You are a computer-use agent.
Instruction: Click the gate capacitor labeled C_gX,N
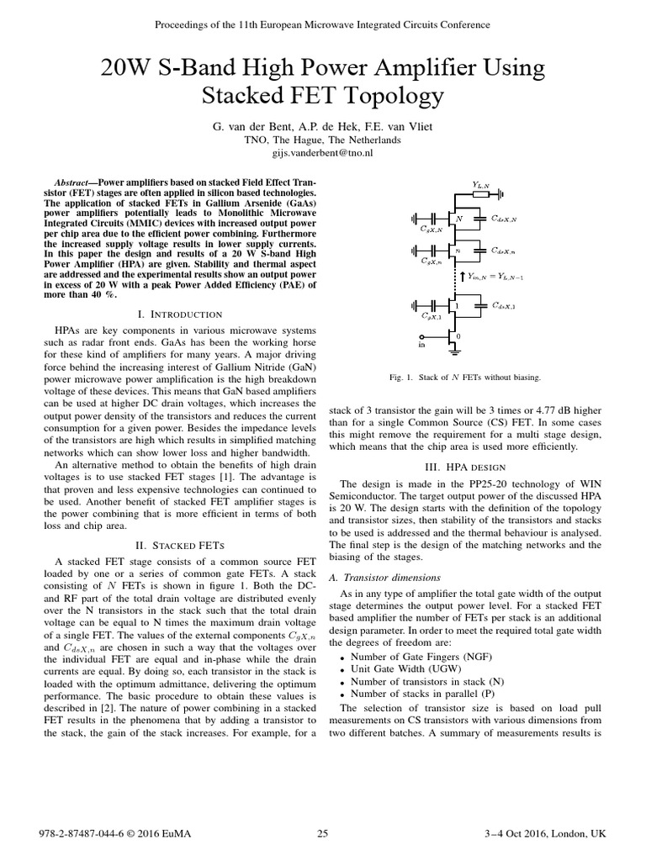click(435, 219)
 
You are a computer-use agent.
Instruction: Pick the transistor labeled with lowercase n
click(455, 250)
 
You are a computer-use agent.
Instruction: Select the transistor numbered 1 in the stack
click(455, 307)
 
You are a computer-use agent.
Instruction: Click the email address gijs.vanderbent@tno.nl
click(323, 154)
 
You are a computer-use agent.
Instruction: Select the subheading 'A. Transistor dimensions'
click(385, 578)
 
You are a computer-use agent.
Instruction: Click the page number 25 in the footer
click(322, 833)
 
